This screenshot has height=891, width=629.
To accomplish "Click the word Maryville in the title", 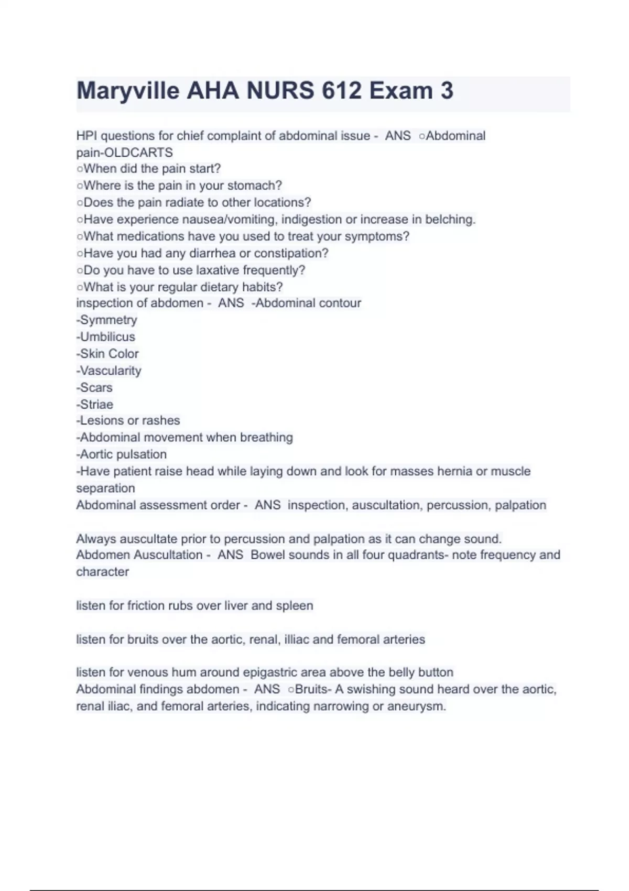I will point(128,91).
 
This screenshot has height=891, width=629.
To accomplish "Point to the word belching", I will point(450,219).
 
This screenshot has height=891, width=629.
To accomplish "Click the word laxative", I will point(217,270).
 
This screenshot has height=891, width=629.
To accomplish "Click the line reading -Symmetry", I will point(107,320).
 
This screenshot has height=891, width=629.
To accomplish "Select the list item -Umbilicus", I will point(106,336).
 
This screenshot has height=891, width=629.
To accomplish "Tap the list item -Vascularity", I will point(109,371).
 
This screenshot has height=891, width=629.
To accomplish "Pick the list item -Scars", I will point(95,387).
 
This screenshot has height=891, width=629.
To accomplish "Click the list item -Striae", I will point(95,404).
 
